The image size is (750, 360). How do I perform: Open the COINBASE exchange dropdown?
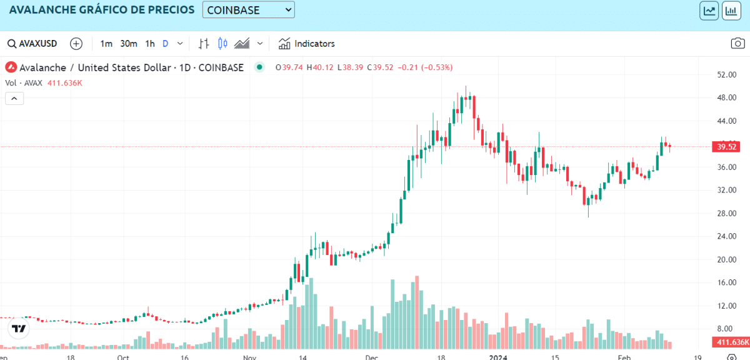coord(248,10)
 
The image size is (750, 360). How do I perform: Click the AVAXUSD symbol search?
coord(32,44)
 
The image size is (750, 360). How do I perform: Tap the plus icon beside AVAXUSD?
coord(76,44)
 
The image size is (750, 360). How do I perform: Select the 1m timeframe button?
coord(106,44)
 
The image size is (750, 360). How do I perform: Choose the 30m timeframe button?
coord(129,44)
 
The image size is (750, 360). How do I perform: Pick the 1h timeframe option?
coord(150,44)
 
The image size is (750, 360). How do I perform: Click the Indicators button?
coord(307,44)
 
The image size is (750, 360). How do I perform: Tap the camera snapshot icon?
coord(737,44)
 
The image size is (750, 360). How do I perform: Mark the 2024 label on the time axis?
coord(497,357)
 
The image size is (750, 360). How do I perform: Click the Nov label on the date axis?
coord(249,357)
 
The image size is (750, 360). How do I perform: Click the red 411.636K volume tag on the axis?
coord(731,342)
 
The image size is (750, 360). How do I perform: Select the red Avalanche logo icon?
coord(12,67)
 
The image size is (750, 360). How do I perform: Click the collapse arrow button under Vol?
coord(14,98)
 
